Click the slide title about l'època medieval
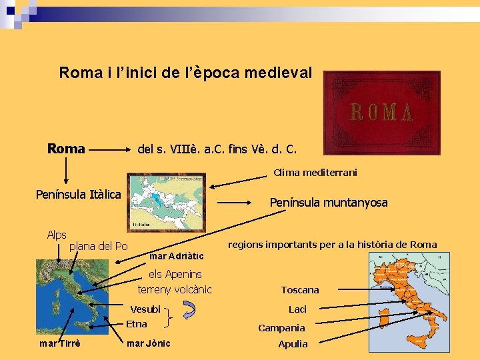pyautogui.click(x=185, y=73)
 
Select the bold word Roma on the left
pyautogui.click(x=66, y=149)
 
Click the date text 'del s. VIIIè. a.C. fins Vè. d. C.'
pyautogui.click(x=217, y=149)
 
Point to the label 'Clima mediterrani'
pyautogui.click(x=315, y=173)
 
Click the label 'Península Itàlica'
pyautogui.click(x=78, y=195)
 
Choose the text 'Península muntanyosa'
pyautogui.click(x=328, y=202)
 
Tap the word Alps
pyautogui.click(x=57, y=235)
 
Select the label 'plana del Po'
pyautogui.click(x=99, y=247)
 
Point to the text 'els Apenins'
pyautogui.click(x=175, y=274)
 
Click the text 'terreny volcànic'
pyautogui.click(x=175, y=289)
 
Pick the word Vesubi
pyautogui.click(x=145, y=309)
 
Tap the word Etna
pyautogui.click(x=137, y=324)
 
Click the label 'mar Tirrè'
pyautogui.click(x=61, y=343)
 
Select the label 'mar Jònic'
pyautogui.click(x=148, y=343)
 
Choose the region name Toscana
pyautogui.click(x=300, y=290)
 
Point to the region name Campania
pyautogui.click(x=281, y=328)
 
